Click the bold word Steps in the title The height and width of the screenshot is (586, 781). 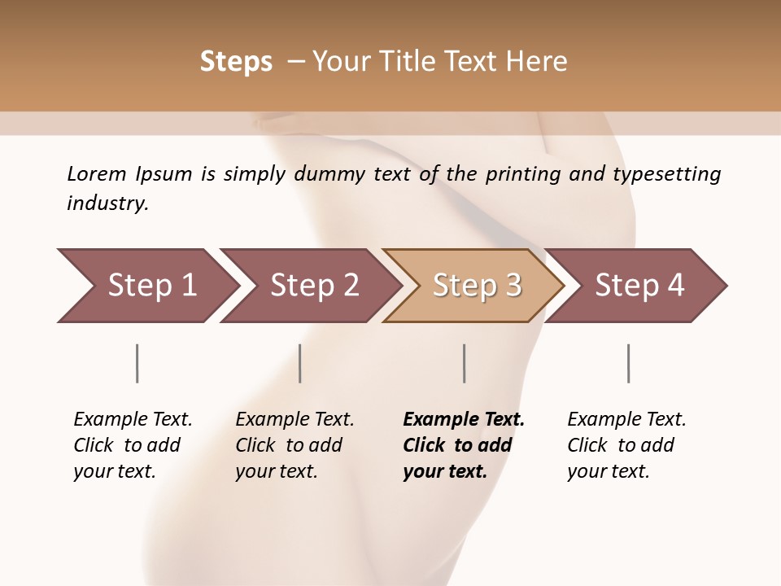pos(236,62)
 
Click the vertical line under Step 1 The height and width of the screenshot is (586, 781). pos(137,363)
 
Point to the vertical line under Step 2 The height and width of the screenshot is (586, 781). pos(300,363)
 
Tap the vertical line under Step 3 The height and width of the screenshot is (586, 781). pos(464,363)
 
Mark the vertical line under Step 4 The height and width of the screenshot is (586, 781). pos(628,363)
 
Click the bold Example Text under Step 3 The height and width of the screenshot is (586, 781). pos(464,420)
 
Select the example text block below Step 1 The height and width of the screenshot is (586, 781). pos(133,445)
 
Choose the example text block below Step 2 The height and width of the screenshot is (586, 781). pos(295,445)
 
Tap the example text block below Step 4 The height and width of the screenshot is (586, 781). pos(626,445)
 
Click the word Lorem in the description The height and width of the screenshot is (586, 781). pos(97,173)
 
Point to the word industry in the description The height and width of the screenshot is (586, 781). pos(107,203)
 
